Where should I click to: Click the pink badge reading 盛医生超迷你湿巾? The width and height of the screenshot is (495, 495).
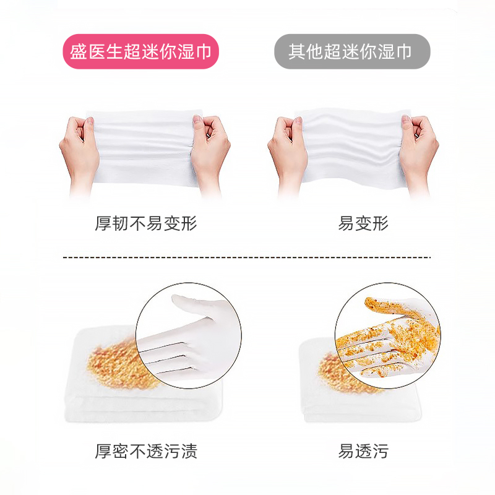click(141, 51)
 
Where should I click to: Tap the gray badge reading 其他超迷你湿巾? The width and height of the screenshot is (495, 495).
click(352, 51)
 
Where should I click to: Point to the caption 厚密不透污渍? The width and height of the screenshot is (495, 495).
click(146, 452)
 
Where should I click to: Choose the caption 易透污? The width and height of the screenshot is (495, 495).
click(363, 452)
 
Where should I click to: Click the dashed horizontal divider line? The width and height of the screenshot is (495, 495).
click(247, 257)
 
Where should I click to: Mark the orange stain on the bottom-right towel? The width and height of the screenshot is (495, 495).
click(331, 371)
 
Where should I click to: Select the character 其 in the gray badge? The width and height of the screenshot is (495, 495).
click(296, 51)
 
